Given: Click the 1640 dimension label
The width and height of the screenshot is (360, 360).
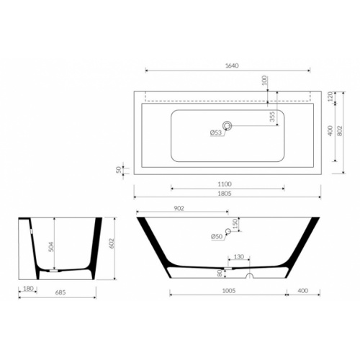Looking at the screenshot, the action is point(232,66).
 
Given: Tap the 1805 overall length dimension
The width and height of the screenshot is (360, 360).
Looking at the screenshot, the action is point(225,194).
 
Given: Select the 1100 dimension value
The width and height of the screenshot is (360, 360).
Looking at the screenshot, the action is point(225,184).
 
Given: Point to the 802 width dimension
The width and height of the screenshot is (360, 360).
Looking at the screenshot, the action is point(339,131).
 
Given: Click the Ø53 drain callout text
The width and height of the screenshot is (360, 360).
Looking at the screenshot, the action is point(216,132).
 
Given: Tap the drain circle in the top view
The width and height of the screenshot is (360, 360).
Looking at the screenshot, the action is point(227,125).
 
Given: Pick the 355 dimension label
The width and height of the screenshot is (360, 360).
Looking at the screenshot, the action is point(272,117).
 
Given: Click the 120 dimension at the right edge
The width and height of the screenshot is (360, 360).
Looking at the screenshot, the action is point(330,96).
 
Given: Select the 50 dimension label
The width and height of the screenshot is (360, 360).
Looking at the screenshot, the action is point(119,170).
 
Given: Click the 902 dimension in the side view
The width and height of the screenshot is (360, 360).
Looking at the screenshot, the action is point(179,208).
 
